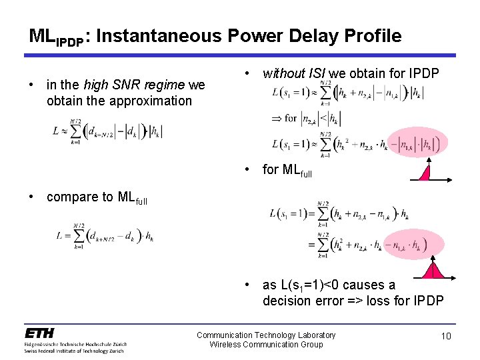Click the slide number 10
[446, 336]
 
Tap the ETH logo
[39, 333]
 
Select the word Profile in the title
[369, 36]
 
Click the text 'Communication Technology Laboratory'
[266, 335]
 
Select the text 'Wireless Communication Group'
[266, 344]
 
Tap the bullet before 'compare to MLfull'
[31, 197]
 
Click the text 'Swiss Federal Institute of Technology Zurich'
[75, 350]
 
